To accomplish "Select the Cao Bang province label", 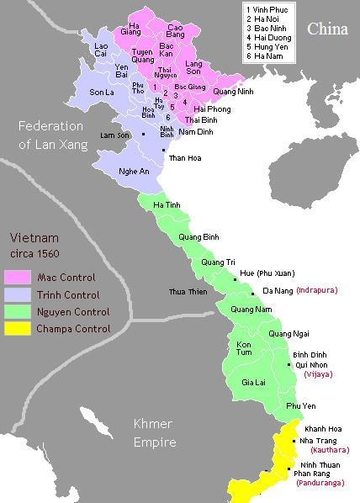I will click(x=176, y=32).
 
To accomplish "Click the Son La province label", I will click(x=101, y=92).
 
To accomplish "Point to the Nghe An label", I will click(x=114, y=172).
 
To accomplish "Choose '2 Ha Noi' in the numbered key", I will click(x=262, y=18).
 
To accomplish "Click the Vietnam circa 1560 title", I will click(x=34, y=244).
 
